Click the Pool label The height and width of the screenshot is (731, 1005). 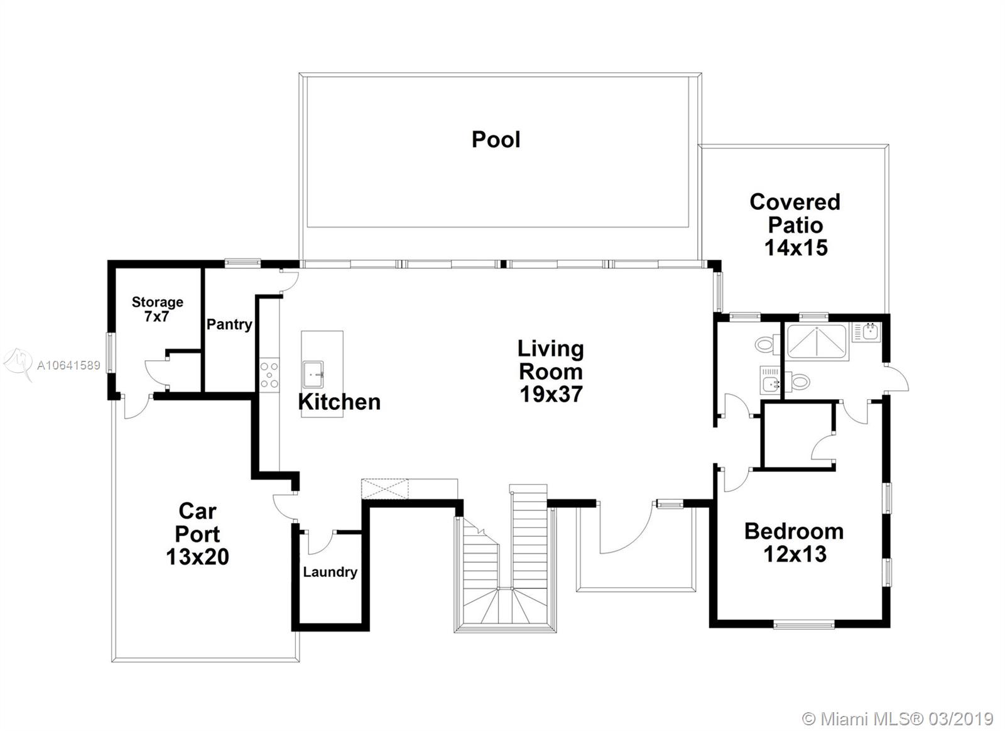click(x=496, y=140)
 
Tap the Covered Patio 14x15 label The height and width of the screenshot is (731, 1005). click(x=795, y=225)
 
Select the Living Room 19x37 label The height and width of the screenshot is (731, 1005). click(x=551, y=371)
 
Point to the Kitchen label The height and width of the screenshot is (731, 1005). click(x=339, y=402)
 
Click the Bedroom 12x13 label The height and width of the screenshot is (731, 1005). click(x=794, y=542)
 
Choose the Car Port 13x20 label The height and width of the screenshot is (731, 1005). click(x=197, y=534)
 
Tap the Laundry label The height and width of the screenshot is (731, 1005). click(x=330, y=572)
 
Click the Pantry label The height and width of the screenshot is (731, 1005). click(x=229, y=324)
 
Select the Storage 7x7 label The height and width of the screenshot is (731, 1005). click(x=157, y=309)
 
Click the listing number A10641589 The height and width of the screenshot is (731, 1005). click(x=68, y=366)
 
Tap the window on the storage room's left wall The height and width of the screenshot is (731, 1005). click(x=109, y=352)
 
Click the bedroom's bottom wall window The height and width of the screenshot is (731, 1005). click(x=804, y=624)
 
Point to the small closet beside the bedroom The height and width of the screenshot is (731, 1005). click(x=798, y=436)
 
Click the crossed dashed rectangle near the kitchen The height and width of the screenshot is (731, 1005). click(x=385, y=489)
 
